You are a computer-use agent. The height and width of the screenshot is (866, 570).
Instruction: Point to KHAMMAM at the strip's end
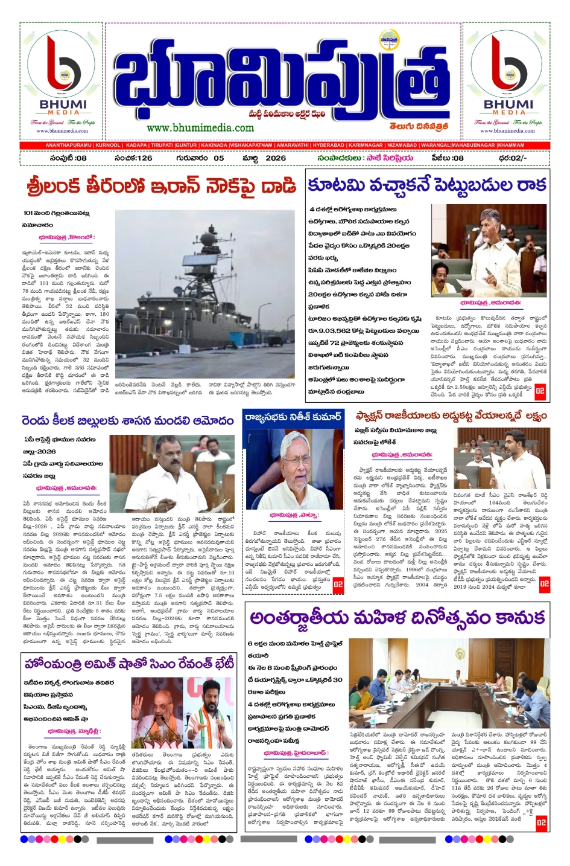tap(511, 146)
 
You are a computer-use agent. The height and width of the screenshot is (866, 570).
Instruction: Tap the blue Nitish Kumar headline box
tap(293, 416)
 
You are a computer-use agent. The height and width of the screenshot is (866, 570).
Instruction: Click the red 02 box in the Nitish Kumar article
tap(338, 585)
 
